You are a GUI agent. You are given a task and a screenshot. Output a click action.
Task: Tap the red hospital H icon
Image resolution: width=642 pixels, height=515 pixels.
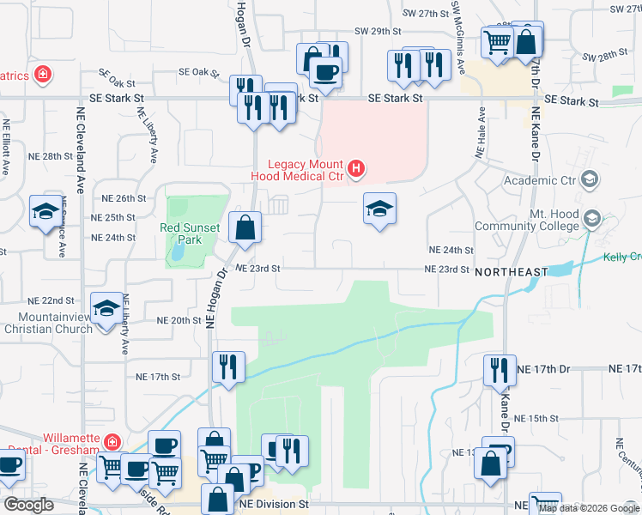(358, 166)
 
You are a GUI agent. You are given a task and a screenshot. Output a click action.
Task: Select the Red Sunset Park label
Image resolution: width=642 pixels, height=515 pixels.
(190, 233)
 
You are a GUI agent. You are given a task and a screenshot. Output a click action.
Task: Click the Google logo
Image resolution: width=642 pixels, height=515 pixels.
(28, 505)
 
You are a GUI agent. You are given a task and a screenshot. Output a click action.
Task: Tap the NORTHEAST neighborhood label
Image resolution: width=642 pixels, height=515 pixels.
(509, 272)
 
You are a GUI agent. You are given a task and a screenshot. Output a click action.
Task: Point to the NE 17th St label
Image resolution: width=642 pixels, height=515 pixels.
(158, 376)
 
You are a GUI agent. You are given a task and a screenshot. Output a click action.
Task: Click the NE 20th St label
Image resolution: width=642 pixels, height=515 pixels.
(178, 319)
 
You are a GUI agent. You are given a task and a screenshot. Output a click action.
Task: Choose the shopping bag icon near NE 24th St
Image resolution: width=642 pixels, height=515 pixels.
(245, 227)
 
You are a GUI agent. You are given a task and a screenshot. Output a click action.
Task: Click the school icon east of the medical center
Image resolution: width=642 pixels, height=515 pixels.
(379, 209)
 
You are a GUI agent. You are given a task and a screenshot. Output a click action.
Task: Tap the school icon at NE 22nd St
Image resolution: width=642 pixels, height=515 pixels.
(106, 308)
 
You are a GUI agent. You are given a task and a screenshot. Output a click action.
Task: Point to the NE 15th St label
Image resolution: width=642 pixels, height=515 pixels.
(542, 418)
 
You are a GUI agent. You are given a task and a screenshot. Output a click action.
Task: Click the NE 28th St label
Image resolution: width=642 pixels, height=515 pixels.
(51, 156)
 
